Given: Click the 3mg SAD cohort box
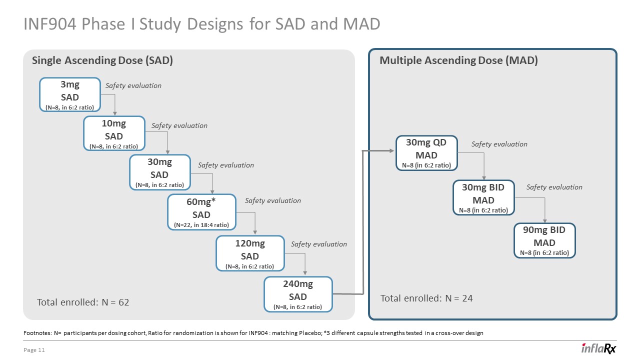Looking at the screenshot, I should (70, 94).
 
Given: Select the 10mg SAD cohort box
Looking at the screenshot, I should (114, 133).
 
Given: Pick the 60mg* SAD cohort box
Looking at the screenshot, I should (201, 212).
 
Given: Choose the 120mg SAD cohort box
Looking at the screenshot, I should (250, 253).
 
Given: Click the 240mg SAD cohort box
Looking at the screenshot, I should (298, 294).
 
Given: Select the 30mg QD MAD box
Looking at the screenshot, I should (426, 153).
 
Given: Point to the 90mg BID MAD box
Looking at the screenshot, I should (544, 240).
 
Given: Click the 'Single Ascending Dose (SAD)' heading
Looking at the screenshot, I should (102, 61).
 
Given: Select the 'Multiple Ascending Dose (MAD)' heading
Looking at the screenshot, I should (458, 61).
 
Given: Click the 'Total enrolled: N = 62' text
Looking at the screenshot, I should (83, 302).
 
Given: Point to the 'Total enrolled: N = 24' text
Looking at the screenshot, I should (426, 298).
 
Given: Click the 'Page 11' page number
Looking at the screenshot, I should (34, 350).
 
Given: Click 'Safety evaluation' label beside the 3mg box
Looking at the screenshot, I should (133, 85).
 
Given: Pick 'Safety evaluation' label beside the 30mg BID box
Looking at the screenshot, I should (554, 187).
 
